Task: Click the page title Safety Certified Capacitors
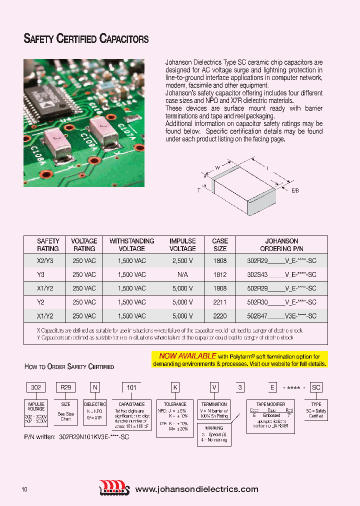(x=86, y=39)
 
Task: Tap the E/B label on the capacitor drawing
(x=294, y=190)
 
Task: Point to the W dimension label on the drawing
(x=217, y=167)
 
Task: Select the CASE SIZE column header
(x=219, y=244)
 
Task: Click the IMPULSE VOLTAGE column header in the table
(x=182, y=244)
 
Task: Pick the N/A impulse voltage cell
(x=182, y=274)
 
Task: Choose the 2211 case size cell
(x=219, y=302)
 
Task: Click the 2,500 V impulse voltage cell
(x=182, y=260)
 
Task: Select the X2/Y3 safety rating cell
(x=48, y=260)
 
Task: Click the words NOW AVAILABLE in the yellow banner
(x=187, y=356)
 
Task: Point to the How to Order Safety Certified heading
(x=69, y=366)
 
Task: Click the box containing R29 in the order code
(x=66, y=386)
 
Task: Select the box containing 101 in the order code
(x=131, y=386)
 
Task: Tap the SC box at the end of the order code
(x=316, y=386)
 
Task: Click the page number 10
(x=24, y=489)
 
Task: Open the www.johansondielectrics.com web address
(x=197, y=489)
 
